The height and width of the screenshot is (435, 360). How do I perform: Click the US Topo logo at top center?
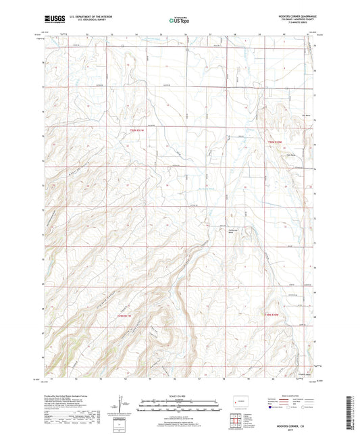pyautogui.click(x=179, y=21)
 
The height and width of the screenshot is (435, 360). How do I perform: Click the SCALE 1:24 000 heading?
pyautogui.click(x=180, y=395)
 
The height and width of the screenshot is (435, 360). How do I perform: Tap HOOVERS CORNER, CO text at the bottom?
pyautogui.click(x=296, y=427)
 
